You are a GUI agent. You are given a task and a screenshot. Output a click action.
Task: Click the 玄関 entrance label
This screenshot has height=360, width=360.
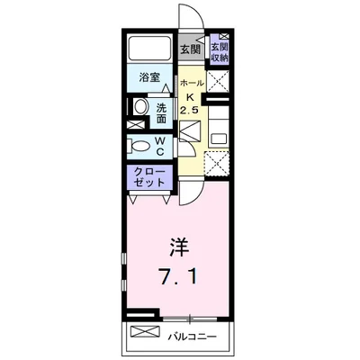[x=190, y=49]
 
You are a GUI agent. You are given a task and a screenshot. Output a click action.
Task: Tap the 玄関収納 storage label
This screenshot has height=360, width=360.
[x=220, y=52]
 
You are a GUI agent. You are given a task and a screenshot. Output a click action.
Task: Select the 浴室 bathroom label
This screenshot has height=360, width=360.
[x=149, y=77]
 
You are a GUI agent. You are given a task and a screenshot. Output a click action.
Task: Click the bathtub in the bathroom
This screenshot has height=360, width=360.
[x=149, y=48]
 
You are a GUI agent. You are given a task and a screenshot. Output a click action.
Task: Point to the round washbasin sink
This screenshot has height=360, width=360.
[x=140, y=107]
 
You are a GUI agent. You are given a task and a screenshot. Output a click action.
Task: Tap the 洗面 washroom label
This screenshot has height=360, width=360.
[x=161, y=113]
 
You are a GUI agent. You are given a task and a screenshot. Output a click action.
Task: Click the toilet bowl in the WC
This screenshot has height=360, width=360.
[x=139, y=147]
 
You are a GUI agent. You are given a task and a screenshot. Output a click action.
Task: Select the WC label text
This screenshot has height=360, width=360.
[x=159, y=146]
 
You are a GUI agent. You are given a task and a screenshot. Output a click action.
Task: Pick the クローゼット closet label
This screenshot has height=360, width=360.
[x=149, y=177]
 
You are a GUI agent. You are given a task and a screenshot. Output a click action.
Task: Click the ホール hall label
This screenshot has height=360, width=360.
[x=192, y=83]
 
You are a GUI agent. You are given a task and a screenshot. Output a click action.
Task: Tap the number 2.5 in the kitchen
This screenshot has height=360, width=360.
[x=189, y=111]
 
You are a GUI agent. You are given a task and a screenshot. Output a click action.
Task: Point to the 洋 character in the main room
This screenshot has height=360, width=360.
[x=179, y=247]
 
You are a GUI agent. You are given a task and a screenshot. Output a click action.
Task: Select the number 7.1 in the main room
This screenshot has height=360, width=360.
[x=179, y=276]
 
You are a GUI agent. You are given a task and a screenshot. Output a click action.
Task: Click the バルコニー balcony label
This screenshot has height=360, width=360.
[x=192, y=337]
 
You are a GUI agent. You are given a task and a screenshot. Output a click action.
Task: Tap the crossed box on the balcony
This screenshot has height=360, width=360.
[x=145, y=331]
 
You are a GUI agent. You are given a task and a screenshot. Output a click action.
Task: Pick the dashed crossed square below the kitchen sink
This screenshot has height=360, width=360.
[x=217, y=164]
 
